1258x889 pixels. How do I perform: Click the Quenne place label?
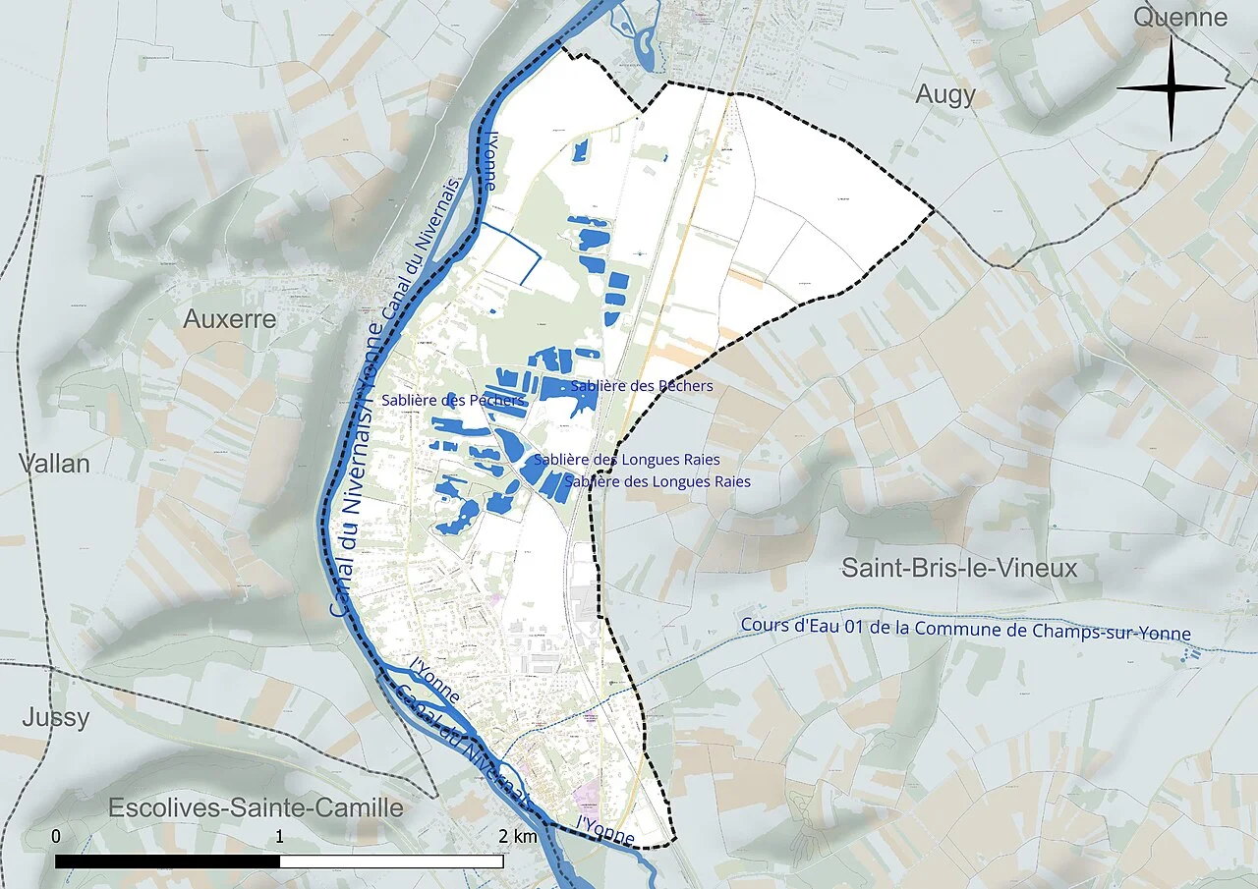click(x=1179, y=17)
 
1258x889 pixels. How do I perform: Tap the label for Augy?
click(x=945, y=94)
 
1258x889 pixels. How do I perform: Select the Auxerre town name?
click(x=230, y=319)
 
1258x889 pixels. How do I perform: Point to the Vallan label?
click(x=55, y=464)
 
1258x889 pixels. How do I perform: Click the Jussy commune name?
click(x=56, y=718)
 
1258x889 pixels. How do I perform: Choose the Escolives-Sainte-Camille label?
click(x=256, y=807)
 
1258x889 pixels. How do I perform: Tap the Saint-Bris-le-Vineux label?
click(x=959, y=568)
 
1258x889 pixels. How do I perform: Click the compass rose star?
click(x=1172, y=88)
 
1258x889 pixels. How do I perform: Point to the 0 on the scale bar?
click(x=56, y=837)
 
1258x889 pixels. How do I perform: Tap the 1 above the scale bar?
click(x=280, y=837)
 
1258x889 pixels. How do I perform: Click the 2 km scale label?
click(x=517, y=837)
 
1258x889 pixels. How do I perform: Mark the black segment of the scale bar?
click(x=167, y=861)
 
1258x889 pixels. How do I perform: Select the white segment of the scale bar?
click(x=391, y=861)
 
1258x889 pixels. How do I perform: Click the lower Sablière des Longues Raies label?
click(x=658, y=481)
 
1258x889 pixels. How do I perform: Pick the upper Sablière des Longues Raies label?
click(x=627, y=460)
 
